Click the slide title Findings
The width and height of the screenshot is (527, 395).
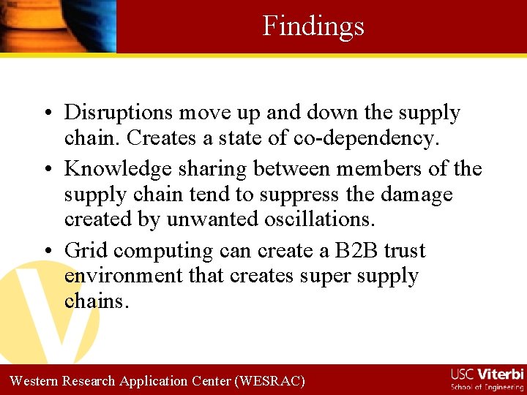point(313,26)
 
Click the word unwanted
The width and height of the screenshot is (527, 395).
point(203,219)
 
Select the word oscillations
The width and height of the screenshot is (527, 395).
point(315,219)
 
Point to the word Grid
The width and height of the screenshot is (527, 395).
point(86,251)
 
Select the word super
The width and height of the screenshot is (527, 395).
point(316,277)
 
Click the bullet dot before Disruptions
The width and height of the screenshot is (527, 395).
point(45,113)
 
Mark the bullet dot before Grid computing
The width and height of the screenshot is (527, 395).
point(45,252)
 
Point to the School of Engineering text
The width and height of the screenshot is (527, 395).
point(487,387)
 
